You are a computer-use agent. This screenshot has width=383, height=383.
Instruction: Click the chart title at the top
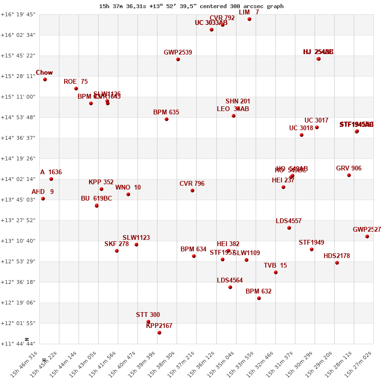(191, 6)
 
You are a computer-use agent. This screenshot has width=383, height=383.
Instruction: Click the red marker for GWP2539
(178, 59)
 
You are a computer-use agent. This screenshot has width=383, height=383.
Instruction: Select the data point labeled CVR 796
(192, 191)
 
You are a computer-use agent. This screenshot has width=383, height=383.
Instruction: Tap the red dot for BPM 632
(259, 298)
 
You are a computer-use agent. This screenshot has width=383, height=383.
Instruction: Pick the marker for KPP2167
(159, 333)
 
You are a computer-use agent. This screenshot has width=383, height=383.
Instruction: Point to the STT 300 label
(148, 315)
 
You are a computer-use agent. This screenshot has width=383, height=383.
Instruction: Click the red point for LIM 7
(249, 19)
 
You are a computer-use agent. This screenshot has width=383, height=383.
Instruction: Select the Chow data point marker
(45, 79)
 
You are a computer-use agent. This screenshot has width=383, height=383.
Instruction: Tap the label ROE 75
(76, 82)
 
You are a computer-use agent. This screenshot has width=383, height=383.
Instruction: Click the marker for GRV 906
(349, 175)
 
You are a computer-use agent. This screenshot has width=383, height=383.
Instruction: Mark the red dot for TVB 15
(276, 272)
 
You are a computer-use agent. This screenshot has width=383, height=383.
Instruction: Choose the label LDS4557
(289, 221)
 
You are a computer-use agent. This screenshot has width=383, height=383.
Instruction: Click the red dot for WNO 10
(128, 194)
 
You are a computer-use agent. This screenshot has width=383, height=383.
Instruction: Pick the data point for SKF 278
(117, 251)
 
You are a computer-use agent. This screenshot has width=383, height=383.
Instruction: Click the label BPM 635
(166, 113)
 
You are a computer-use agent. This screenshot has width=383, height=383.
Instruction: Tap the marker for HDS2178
(337, 263)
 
